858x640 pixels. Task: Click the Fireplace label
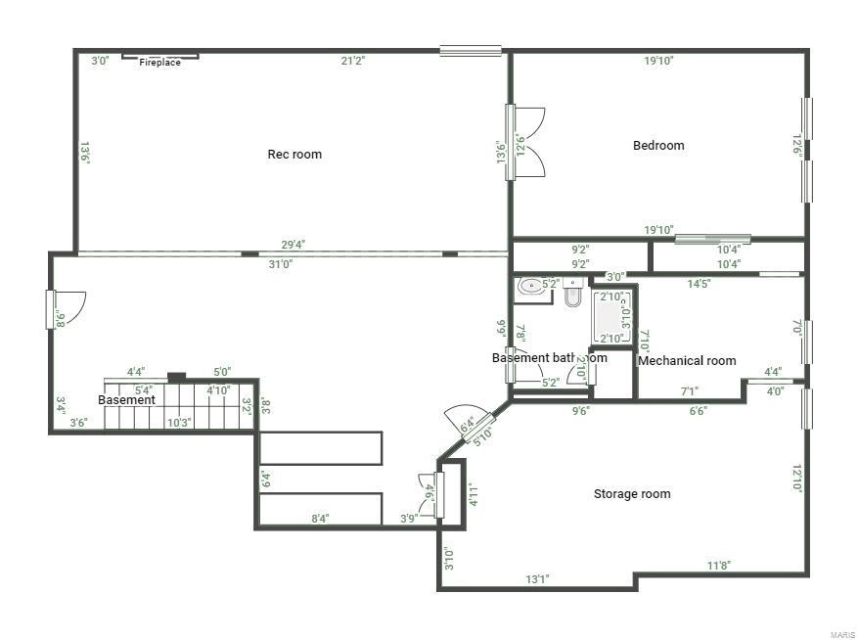point(159,63)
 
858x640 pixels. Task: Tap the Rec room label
point(294,154)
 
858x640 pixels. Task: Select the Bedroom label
point(658,146)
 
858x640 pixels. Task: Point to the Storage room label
point(632,494)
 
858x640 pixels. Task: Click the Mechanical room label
point(687,361)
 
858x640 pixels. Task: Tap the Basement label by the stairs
point(126,400)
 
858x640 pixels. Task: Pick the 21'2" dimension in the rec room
point(353,61)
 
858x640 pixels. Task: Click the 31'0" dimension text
point(280,263)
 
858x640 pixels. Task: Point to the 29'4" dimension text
point(293,245)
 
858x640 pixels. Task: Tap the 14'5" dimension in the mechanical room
point(699,284)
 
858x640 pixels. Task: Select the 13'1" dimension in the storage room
point(537,579)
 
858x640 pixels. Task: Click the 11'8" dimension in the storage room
point(719,566)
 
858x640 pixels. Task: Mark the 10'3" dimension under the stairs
point(178,423)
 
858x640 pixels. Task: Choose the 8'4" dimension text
point(319,519)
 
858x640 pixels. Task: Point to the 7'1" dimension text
point(690,391)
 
